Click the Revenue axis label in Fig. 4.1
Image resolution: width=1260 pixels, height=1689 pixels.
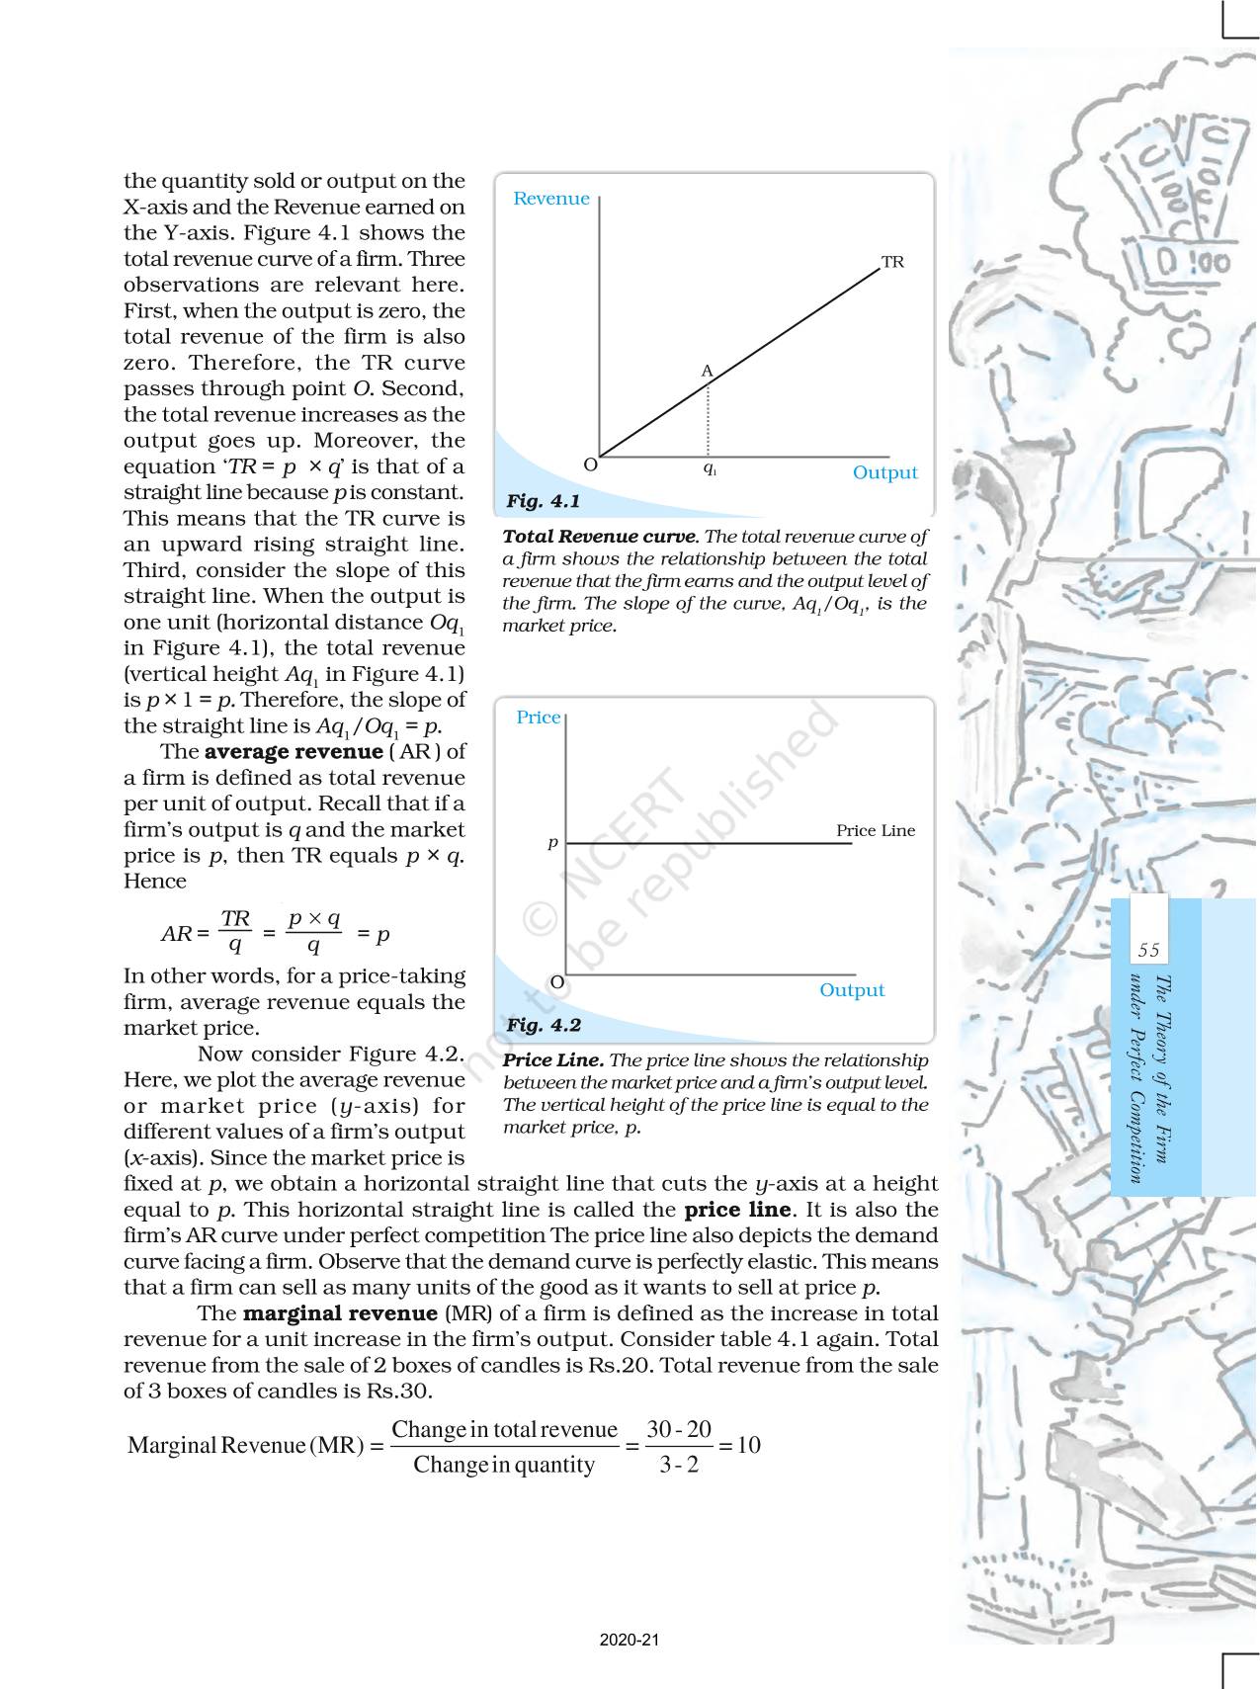tap(551, 199)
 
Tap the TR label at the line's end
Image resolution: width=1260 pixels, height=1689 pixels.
tap(892, 262)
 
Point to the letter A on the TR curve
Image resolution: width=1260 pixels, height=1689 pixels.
tap(707, 371)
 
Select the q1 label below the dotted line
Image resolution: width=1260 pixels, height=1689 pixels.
tap(710, 468)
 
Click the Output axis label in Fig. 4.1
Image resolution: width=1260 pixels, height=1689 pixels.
tap(884, 472)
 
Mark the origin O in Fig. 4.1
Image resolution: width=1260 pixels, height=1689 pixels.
tap(590, 464)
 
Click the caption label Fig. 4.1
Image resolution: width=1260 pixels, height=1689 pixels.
tap(543, 501)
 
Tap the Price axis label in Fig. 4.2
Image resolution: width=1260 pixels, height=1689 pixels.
tap(538, 718)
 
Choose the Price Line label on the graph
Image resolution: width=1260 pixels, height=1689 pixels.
tap(876, 830)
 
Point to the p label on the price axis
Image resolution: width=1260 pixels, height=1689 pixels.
tap(553, 843)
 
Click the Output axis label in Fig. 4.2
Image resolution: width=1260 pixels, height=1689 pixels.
tap(852, 990)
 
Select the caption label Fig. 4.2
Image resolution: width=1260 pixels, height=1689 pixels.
tap(543, 1025)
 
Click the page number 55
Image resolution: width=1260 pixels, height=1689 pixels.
tap(1148, 950)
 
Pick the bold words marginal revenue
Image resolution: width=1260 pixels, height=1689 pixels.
tap(339, 1313)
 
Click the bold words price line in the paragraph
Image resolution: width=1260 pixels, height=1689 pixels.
tap(737, 1210)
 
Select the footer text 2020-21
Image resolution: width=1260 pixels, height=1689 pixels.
tap(630, 1640)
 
